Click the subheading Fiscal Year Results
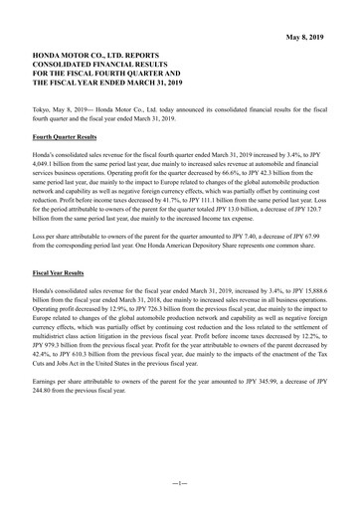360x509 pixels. [58, 271]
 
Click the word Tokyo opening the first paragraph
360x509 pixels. [43, 105]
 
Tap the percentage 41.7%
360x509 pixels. [190, 202]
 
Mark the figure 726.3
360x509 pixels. [187, 307]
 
